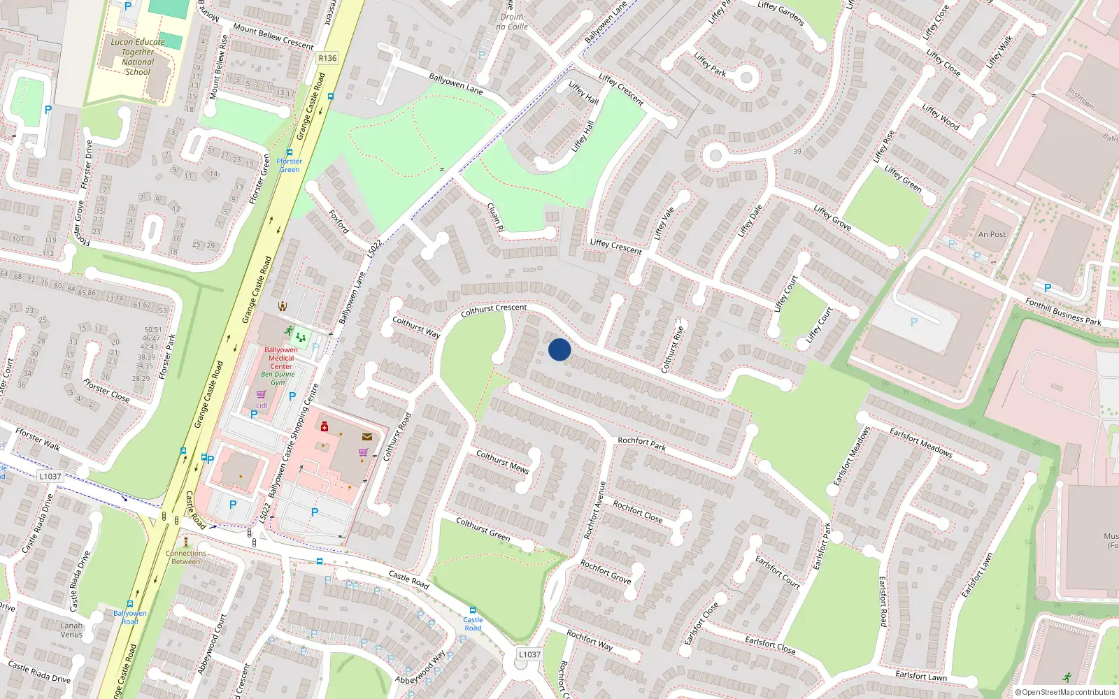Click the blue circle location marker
click(559, 349)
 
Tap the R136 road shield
click(327, 59)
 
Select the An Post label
click(992, 235)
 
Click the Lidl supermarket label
click(262, 405)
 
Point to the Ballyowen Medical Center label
click(281, 358)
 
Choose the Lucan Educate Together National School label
click(138, 57)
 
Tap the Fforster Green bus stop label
click(290, 165)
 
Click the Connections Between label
click(185, 557)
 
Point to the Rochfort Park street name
click(642, 443)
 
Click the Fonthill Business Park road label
click(1063, 312)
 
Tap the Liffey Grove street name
click(832, 217)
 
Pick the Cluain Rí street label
click(495, 217)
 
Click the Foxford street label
click(339, 221)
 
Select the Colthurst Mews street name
click(502, 462)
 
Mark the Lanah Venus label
click(71, 630)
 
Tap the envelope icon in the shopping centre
click(367, 437)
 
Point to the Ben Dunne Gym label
click(278, 378)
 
